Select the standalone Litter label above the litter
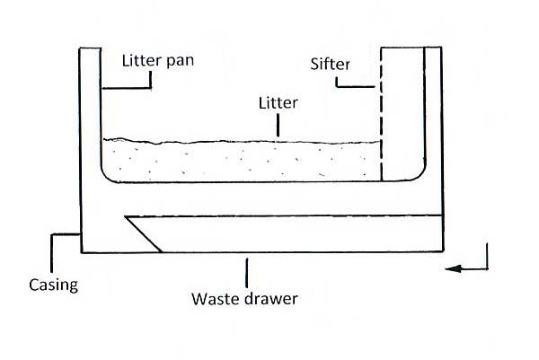point(278,103)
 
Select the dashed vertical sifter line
point(382,117)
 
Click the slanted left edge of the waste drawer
point(144,234)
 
